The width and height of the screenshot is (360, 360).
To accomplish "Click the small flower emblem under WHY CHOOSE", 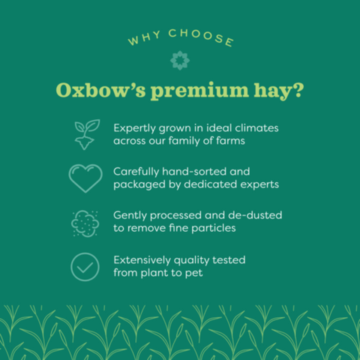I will [180, 60].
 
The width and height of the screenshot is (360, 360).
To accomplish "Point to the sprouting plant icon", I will [86, 133].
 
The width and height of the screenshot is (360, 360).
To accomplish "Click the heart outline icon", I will [85, 177].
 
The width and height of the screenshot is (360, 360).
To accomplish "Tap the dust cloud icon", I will [85, 222].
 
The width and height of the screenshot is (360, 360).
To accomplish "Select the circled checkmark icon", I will [85, 267].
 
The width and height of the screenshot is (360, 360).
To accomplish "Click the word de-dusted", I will [255, 214].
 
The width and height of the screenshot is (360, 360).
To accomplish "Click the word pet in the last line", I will [193, 272].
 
